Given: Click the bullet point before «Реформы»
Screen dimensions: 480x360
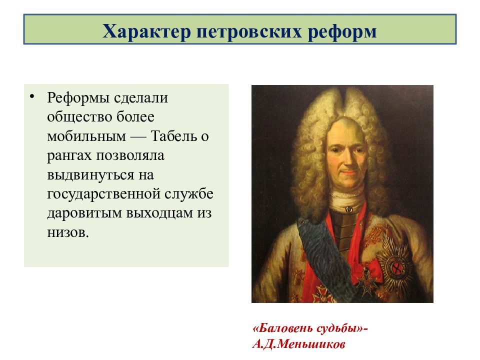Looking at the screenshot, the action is click(x=32, y=96).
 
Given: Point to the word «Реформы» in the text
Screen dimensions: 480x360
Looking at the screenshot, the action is click(x=78, y=98).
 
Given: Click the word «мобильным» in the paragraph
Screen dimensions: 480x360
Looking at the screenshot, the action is click(x=86, y=136).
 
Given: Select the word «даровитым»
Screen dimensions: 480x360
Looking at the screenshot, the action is click(x=84, y=213).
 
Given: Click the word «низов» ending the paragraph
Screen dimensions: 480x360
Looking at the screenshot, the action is click(x=66, y=232).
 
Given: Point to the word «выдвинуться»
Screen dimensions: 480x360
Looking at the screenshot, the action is click(x=90, y=175).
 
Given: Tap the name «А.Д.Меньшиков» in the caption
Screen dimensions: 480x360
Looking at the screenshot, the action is click(x=299, y=344).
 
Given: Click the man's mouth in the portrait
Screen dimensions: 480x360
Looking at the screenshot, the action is click(x=348, y=172).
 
